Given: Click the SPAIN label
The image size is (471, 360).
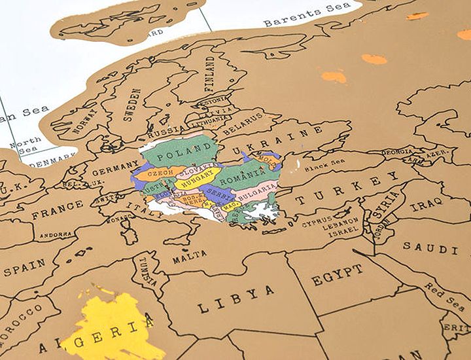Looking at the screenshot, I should pos(25,267).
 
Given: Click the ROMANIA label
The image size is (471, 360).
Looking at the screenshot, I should pos(244,175).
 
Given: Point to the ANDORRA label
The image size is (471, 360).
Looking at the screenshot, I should pos(56,234).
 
